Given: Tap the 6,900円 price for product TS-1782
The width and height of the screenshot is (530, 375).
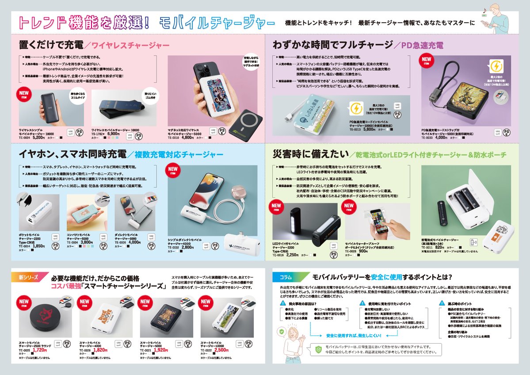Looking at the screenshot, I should click(114, 133).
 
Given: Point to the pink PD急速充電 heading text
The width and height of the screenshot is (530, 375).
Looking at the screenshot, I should click(422, 45).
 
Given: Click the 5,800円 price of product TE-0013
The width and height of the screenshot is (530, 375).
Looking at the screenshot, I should click(369, 130).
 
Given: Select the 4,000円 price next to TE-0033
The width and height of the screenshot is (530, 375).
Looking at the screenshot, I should click(441, 137).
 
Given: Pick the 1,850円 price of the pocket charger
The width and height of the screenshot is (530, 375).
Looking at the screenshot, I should click(39, 246).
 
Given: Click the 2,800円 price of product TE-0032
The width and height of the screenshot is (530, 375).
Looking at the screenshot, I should click(187, 247).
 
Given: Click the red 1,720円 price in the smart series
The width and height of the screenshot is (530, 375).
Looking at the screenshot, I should click(40, 350).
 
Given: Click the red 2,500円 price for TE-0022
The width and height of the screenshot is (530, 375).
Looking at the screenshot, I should click(221, 350).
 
